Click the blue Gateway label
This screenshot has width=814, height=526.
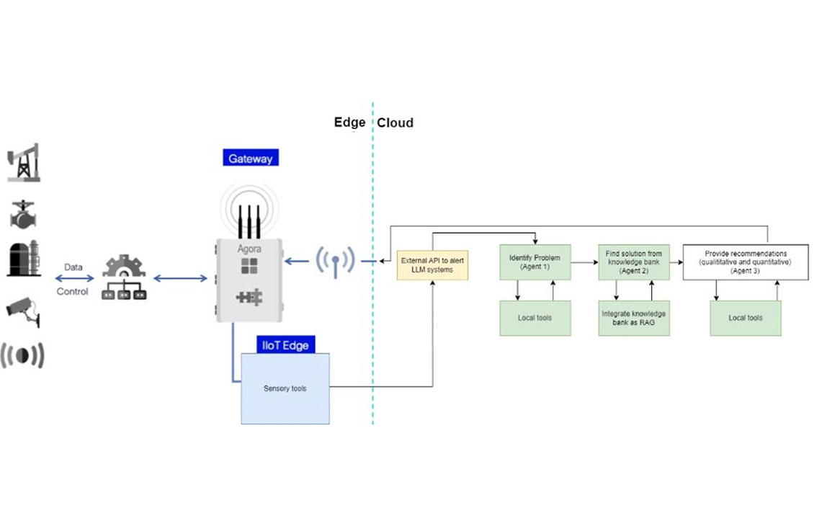(x=250, y=158)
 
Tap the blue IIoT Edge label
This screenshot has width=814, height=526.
(x=285, y=345)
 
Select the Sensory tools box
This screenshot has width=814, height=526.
(x=285, y=388)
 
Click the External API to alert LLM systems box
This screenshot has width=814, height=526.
(x=432, y=264)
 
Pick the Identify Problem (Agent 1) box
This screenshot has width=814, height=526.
(x=535, y=262)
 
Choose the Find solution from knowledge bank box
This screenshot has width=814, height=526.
(x=633, y=262)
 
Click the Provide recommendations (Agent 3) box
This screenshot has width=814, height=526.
(x=745, y=262)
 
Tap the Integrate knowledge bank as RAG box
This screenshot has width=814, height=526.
(x=633, y=318)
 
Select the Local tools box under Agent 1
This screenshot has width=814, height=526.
(x=535, y=318)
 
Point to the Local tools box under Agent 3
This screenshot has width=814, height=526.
(x=745, y=318)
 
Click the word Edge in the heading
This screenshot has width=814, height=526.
(x=349, y=122)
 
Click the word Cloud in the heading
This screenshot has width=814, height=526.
(x=395, y=122)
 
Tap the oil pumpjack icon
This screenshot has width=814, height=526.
(x=23, y=163)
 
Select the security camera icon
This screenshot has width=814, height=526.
(x=22, y=309)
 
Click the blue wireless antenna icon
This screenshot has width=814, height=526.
(x=334, y=261)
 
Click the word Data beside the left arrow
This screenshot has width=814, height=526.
(x=73, y=267)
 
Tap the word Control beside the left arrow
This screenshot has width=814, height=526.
(x=73, y=292)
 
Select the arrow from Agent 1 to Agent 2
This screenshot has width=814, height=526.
(x=584, y=262)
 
